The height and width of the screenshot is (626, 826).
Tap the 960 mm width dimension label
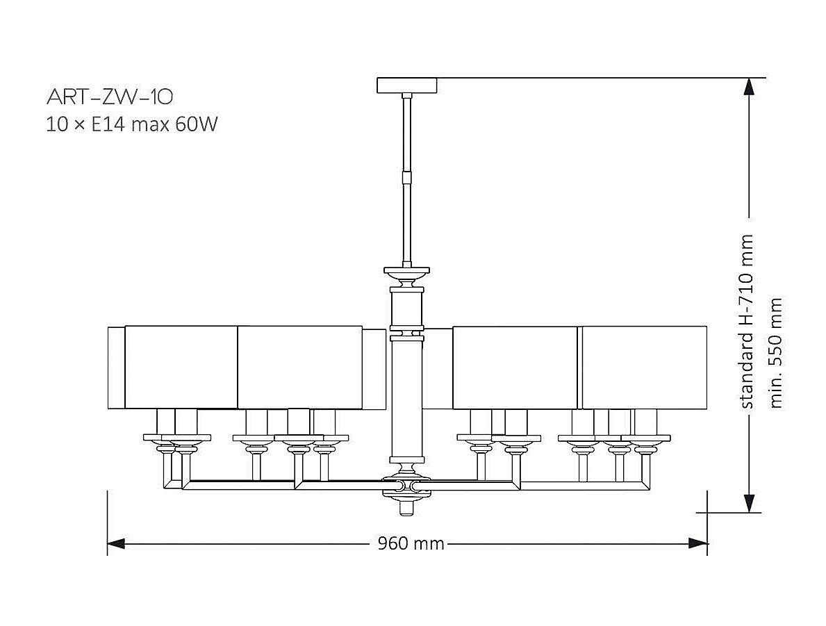pos(411,543)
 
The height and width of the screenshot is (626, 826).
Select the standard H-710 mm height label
pos(747,321)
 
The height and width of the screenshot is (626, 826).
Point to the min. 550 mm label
pos(777,352)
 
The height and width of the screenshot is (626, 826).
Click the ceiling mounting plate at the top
pos(407,85)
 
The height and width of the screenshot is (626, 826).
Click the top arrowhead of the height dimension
pos(749,86)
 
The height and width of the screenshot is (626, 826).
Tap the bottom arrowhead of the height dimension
pos(749,504)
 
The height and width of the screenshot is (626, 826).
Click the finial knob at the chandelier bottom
pos(406,508)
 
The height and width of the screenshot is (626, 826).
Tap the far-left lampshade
pos(181,366)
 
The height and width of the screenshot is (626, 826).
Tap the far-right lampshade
pos(644,367)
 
